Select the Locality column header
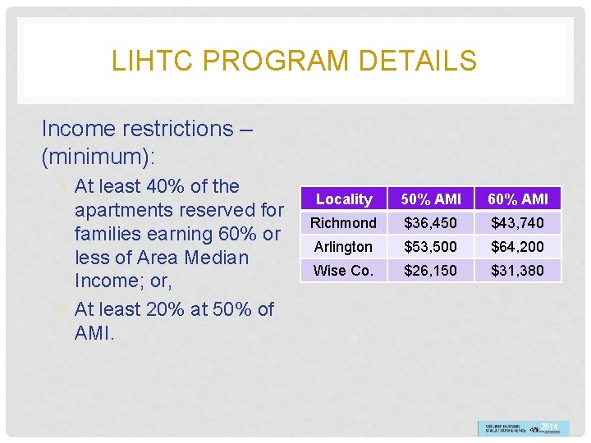click(344, 199)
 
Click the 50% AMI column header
click(431, 199)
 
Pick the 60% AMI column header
click(518, 199)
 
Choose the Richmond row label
click(344, 223)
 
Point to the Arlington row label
click(344, 247)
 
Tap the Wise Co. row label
click(344, 271)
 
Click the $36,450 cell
click(431, 223)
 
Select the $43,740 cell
click(518, 223)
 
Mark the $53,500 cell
click(431, 247)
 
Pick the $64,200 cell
click(518, 247)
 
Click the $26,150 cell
click(431, 271)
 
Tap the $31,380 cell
click(518, 271)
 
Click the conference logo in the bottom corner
click(523, 428)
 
